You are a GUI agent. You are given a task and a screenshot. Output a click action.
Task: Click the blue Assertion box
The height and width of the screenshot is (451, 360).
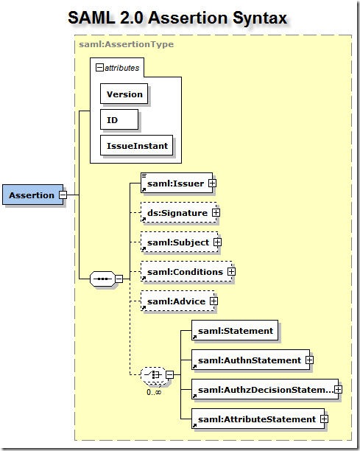32,195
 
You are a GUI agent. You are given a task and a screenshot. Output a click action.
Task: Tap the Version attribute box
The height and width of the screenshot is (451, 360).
124,94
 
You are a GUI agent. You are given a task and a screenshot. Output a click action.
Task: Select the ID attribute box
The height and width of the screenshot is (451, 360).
119,119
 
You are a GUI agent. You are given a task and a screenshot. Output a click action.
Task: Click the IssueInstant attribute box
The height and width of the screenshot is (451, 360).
136,145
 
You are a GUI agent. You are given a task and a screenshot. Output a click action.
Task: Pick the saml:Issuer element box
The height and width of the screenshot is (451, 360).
177,183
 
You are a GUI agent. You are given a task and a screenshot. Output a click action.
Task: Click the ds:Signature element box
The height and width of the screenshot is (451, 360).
179,212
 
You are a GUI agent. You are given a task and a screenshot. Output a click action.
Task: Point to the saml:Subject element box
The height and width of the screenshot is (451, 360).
180,242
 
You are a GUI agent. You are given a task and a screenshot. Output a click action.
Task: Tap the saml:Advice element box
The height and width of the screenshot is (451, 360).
177,301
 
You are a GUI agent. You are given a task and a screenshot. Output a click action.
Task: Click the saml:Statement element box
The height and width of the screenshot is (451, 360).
235,330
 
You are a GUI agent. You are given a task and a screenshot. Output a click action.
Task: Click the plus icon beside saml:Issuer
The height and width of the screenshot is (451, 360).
212,183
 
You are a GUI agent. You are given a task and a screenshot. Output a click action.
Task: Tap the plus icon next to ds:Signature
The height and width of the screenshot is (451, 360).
216,213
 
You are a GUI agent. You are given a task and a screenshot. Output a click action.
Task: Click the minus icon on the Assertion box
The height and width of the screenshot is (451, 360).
63,195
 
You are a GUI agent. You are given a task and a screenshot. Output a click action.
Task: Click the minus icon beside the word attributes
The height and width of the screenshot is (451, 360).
99,68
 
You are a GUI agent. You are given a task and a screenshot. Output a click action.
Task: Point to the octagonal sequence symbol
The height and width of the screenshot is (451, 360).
102,279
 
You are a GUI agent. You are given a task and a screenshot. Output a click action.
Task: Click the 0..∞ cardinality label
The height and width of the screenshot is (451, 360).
154,392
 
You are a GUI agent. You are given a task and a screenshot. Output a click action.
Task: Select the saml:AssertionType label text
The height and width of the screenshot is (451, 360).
127,44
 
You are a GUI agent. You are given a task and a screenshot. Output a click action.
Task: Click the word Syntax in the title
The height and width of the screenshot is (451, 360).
260,18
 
